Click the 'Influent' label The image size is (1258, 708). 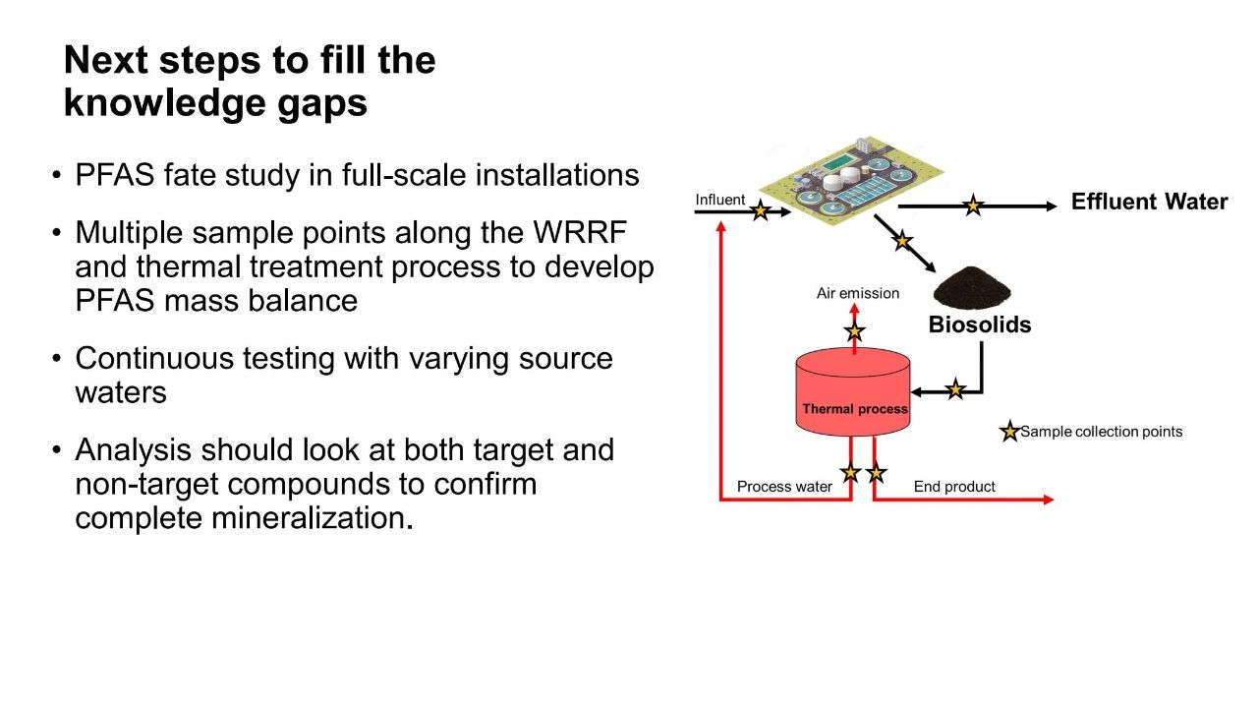pos(720,200)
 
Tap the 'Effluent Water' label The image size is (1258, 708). pos(1150,202)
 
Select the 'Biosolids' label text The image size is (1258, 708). pos(980,324)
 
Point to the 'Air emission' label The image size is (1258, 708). pos(858,293)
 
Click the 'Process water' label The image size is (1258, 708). pos(784,486)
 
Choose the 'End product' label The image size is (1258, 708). pos(954,486)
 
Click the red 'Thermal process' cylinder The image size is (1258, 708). pos(853,391)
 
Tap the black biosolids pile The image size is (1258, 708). pos(972,288)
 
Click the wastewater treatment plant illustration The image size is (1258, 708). pos(851,180)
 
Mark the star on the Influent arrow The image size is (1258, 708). pos(761,210)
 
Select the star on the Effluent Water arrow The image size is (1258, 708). pos(973,206)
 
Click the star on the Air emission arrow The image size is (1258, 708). pos(854,331)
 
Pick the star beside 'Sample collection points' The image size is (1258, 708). pos(1009,432)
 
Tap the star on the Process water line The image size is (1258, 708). pos(850,473)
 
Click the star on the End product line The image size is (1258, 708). pos(876,473)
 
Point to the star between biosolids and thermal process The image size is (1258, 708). pos(955,388)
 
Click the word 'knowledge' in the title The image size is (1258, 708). pos(164,103)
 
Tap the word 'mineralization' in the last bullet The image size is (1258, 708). pos(309,517)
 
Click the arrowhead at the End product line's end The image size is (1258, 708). pos(1049,499)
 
